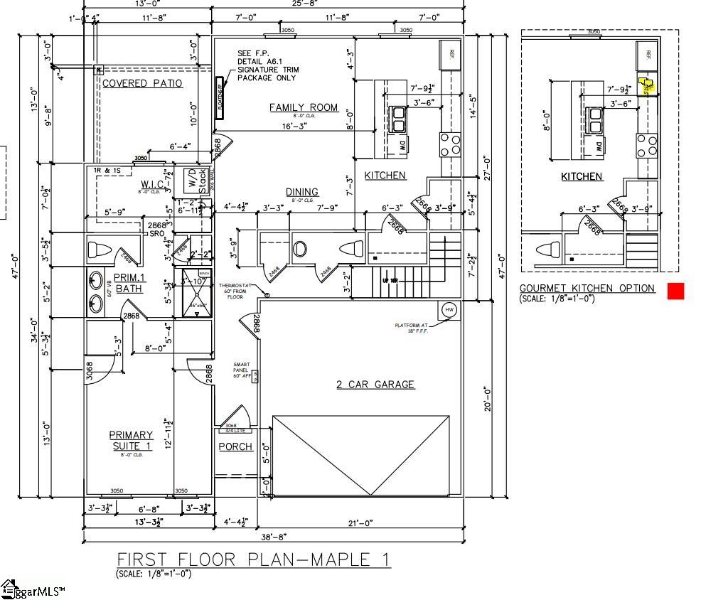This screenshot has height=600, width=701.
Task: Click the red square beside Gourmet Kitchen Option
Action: (675, 291)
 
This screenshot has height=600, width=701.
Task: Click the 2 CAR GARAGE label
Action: (375, 385)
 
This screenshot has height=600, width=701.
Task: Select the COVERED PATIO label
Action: (142, 83)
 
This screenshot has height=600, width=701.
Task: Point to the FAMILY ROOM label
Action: (304, 107)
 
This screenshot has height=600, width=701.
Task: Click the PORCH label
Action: (235, 446)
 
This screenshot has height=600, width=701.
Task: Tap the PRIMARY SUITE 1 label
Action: (131, 440)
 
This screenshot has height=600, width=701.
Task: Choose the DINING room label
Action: (302, 192)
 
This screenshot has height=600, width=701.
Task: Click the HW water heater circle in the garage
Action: (449, 309)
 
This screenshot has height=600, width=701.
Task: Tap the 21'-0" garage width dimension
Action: (360, 523)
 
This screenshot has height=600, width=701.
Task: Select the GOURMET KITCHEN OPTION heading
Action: (587, 288)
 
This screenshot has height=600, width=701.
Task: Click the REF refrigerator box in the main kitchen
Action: (451, 53)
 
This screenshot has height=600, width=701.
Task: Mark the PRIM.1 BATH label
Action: (129, 283)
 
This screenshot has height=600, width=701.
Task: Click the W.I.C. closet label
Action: (153, 186)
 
